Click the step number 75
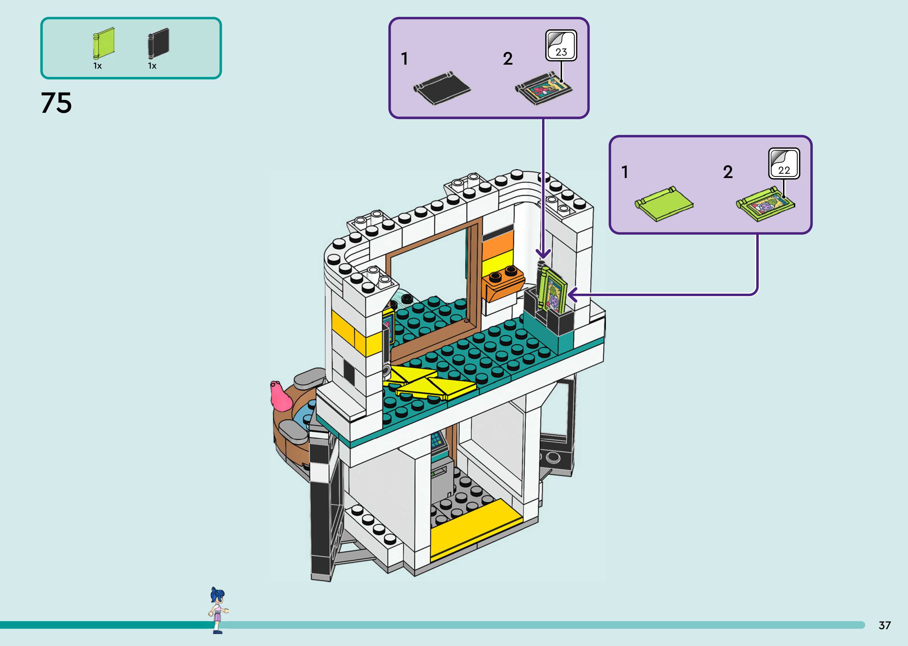pyautogui.click(x=56, y=103)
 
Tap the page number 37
pyautogui.click(x=885, y=625)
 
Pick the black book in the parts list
pyautogui.click(x=159, y=42)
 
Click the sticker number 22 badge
pyautogui.click(x=784, y=163)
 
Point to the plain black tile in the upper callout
pyautogui.click(x=442, y=88)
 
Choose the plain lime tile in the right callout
pyautogui.click(x=664, y=203)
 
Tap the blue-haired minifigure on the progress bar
pyautogui.click(x=218, y=609)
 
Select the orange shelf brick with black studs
pyautogui.click(x=503, y=283)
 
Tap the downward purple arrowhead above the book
pyautogui.click(x=543, y=254)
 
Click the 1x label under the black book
pyautogui.click(x=152, y=66)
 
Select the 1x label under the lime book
pyautogui.click(x=97, y=66)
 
